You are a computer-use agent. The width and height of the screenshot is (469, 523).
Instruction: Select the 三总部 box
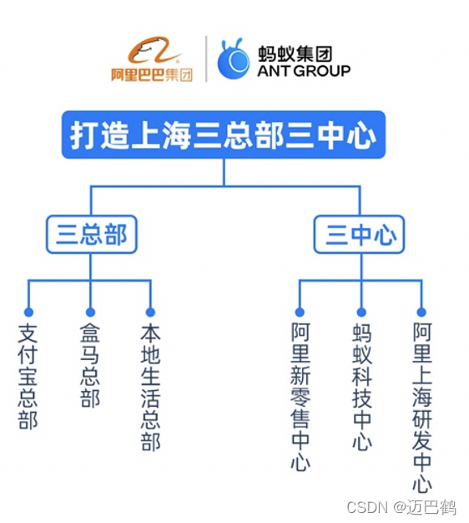coord(91,235)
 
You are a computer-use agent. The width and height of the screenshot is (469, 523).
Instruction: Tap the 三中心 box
coord(360,235)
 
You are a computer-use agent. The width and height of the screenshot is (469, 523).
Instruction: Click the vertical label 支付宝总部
coord(28,376)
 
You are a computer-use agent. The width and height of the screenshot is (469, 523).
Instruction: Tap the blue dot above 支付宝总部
coord(28,312)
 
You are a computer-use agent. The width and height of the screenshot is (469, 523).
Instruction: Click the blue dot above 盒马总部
coord(90,312)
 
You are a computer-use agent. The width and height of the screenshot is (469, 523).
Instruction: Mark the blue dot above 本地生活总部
coord(151,312)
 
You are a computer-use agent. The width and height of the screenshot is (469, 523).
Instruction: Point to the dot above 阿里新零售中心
coord(300,312)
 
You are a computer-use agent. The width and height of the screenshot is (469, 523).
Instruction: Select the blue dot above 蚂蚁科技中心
coord(361,312)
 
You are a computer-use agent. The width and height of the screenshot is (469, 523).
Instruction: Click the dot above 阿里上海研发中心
coord(422,312)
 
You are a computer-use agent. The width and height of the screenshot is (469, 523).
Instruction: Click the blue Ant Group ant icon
coord(234,58)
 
